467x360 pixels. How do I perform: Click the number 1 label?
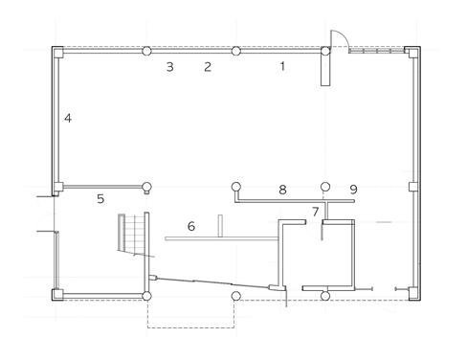click(x=282, y=66)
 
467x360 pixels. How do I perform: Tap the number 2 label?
click(x=208, y=67)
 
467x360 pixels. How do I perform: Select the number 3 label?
click(x=170, y=67)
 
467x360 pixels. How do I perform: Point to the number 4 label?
click(x=68, y=118)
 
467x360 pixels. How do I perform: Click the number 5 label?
click(x=100, y=199)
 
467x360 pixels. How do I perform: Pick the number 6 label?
click(x=191, y=226)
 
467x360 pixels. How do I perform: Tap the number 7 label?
click(x=315, y=212)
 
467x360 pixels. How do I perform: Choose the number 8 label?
click(x=282, y=190)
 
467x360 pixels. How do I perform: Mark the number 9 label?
click(x=353, y=190)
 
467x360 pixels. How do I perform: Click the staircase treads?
click(x=131, y=233)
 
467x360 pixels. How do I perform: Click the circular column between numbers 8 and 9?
click(x=325, y=187)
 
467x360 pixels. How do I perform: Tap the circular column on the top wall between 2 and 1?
click(x=235, y=51)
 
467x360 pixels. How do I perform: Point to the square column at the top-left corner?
click(x=57, y=52)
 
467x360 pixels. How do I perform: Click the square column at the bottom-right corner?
click(x=413, y=294)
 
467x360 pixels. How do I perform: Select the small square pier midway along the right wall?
click(x=413, y=187)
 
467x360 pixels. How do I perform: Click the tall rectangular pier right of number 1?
click(x=325, y=70)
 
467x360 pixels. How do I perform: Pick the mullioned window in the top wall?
click(x=376, y=51)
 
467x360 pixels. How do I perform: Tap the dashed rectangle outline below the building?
click(x=190, y=327)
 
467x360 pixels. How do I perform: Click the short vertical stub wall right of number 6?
click(x=220, y=226)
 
